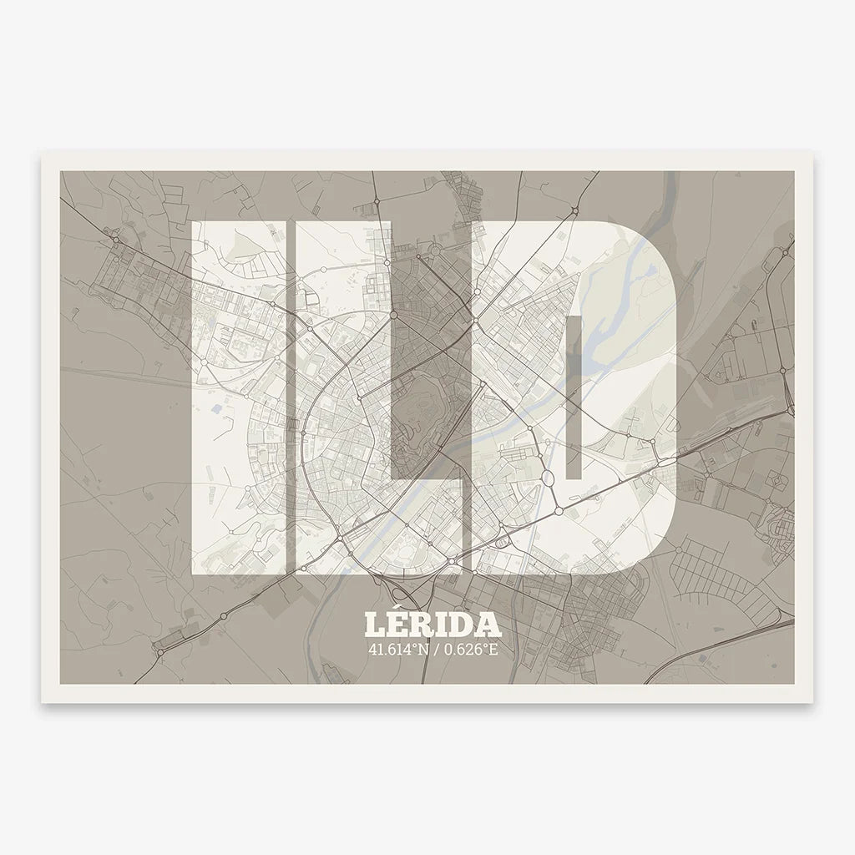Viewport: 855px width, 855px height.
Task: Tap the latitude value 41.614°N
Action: [x=399, y=649]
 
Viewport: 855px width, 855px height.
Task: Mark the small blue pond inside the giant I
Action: [x=217, y=410]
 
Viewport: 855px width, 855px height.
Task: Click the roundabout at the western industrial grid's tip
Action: [x=115, y=239]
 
